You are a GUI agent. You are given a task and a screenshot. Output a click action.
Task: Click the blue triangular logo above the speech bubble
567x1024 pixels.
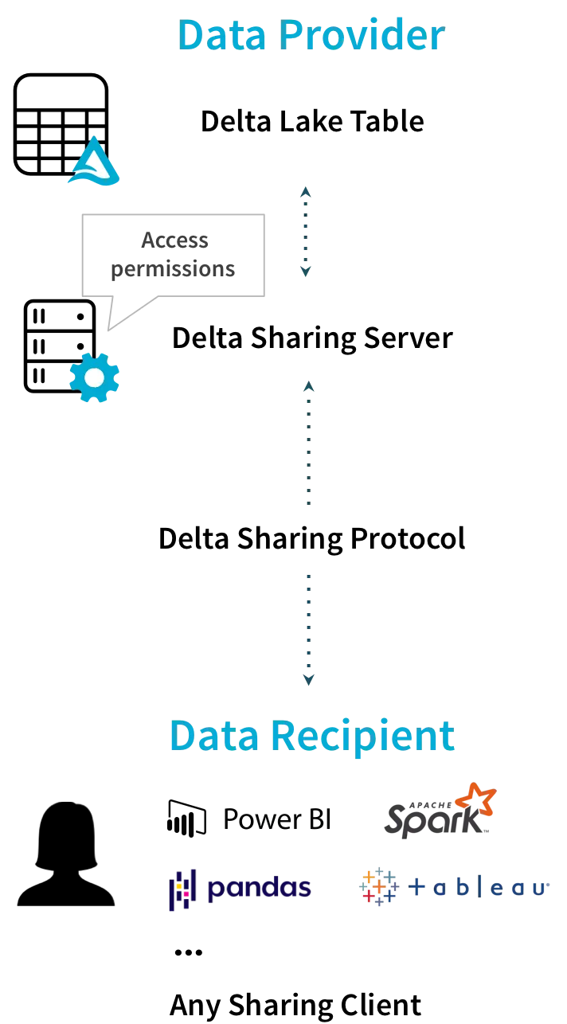94,162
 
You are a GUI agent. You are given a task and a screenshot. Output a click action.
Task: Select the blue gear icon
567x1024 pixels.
94,378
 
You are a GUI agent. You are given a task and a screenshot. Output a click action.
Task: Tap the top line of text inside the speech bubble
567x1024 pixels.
174,239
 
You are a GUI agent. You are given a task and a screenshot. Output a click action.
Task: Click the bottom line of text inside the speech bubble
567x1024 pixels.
173,270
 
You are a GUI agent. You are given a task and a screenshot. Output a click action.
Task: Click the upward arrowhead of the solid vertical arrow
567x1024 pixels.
308,388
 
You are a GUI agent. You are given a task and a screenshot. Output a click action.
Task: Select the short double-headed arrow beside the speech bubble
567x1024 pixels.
306,232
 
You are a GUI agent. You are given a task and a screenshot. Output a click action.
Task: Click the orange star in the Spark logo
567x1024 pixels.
479,800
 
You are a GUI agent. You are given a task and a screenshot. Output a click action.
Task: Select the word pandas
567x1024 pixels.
258,889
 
